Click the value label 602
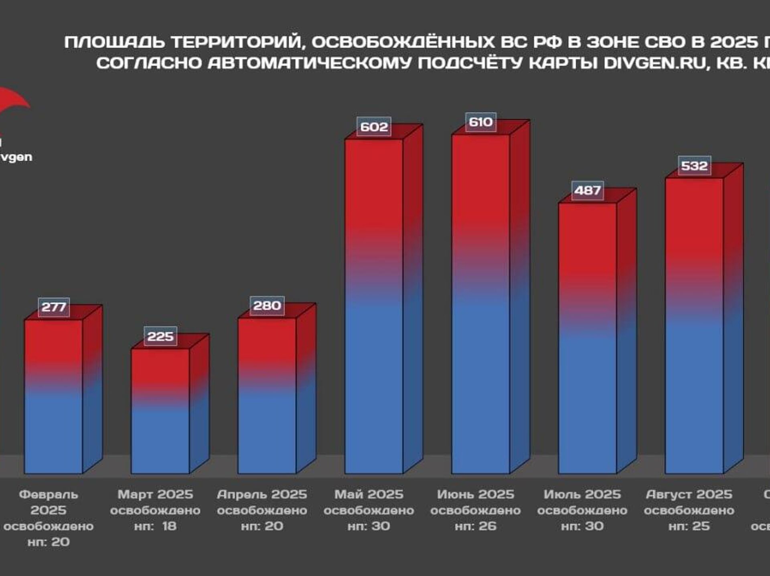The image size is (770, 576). pos(374,127)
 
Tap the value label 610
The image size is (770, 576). pos(480,122)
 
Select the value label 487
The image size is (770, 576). pos(587,190)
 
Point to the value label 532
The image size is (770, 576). pos(694,166)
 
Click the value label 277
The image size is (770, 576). pos(54,307)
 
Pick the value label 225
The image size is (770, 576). pos(160,336)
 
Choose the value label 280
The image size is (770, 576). pos(267,306)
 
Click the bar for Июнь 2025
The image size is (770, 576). pos(480,305)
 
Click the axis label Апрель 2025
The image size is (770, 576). pos(262,494)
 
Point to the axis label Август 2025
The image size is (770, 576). pos(689,494)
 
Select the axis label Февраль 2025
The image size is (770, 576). pos(49,502)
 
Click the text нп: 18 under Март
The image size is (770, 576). pos(155,526)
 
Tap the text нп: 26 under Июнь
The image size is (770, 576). pos(476,526)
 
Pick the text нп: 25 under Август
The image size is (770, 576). pos(689,526)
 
